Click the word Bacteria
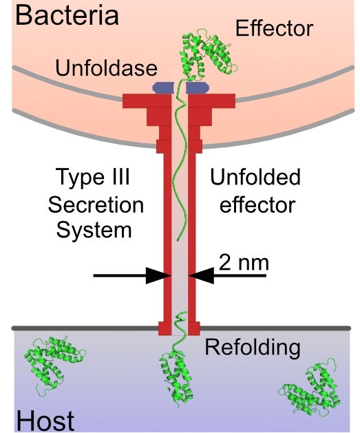67,15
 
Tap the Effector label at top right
274,28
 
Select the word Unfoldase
106,68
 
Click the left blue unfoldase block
163,87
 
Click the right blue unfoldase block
197,87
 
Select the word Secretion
96,204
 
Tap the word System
94,231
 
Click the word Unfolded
255,177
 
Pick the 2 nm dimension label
244,262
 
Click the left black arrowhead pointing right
158,275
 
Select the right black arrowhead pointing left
201,275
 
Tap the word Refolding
253,348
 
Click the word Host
45,421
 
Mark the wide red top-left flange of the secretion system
147,101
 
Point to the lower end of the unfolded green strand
178,240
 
